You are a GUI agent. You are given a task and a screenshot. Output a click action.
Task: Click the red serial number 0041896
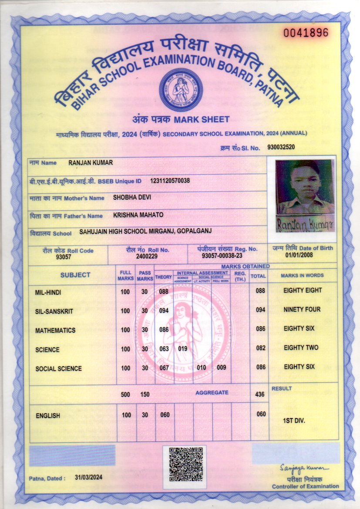coord(306,32)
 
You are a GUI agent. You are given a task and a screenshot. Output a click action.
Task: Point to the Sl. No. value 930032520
coord(281,147)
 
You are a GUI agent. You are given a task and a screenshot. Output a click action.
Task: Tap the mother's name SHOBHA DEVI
coord(132,197)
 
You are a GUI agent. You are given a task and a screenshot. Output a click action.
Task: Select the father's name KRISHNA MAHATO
coord(138,215)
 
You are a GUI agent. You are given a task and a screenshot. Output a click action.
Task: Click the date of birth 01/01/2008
coord(299,255)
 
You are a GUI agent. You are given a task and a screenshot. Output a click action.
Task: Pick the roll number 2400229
coord(147,257)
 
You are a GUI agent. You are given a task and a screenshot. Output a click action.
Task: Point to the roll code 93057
coord(63,257)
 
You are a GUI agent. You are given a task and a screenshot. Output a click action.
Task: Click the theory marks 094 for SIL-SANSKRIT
coord(164,310)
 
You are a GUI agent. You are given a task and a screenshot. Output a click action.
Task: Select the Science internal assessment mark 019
coord(183,349)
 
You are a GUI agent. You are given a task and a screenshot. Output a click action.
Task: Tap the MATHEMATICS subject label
coord(55,330)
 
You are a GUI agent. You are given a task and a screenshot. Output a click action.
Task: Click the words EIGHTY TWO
coord(301,347)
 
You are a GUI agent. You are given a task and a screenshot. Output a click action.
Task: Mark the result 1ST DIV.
coord(294,421)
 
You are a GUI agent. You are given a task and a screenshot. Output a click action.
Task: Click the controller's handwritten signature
coord(305,468)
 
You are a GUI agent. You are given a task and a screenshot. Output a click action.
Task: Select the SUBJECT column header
coord(75,275)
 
